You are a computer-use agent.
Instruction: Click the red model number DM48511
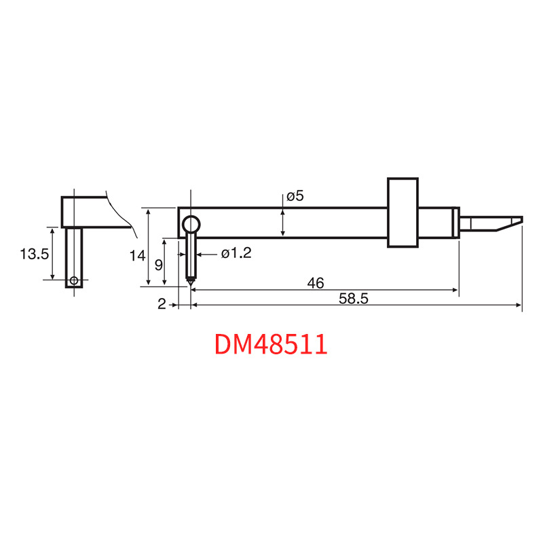(x=271, y=344)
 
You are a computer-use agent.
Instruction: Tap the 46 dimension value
(x=315, y=283)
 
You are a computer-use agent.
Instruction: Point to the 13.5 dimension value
(x=34, y=254)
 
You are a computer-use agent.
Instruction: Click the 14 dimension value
(x=138, y=256)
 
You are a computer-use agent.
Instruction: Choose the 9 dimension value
(x=158, y=264)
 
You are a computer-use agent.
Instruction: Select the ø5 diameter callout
(x=295, y=196)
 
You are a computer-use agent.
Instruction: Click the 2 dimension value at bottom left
(x=162, y=305)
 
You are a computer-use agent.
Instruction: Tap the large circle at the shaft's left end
(x=191, y=224)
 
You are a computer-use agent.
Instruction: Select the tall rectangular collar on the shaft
(x=402, y=212)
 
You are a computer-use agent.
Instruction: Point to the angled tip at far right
(x=509, y=223)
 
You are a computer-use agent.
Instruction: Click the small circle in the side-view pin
(x=73, y=280)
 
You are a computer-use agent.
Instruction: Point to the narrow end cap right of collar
(x=456, y=222)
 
